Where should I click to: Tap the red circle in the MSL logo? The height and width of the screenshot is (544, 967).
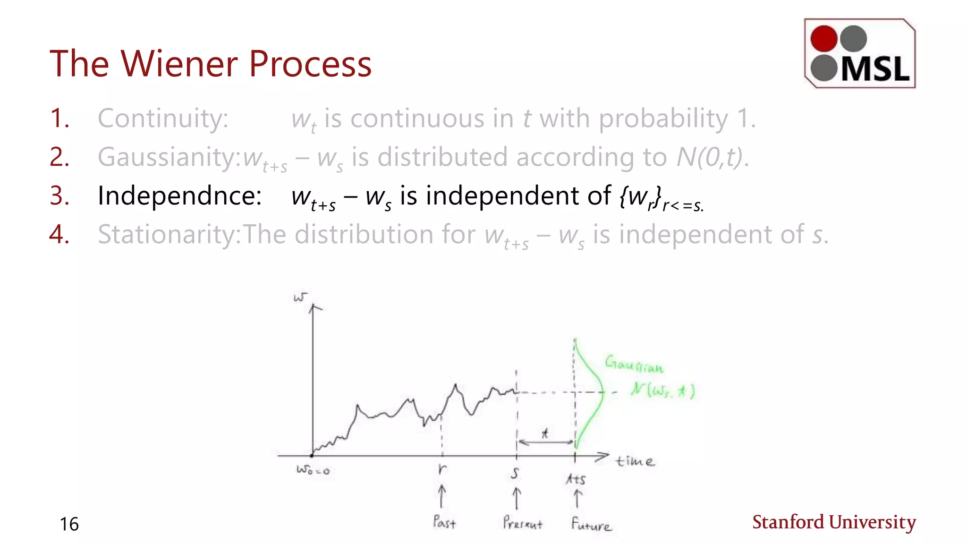(x=824, y=39)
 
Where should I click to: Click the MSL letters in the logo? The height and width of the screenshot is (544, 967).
(x=875, y=69)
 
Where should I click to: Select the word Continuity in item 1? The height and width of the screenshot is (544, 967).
(x=163, y=118)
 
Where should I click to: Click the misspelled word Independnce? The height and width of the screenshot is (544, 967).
(x=179, y=195)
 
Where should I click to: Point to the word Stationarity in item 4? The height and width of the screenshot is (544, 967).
(x=169, y=234)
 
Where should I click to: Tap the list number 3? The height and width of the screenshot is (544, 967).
(x=59, y=195)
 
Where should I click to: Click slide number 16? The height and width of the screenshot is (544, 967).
(x=69, y=524)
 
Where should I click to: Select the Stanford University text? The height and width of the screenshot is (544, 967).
(x=834, y=522)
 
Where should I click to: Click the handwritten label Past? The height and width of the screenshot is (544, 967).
(x=444, y=522)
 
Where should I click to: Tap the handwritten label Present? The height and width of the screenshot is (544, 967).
(x=522, y=523)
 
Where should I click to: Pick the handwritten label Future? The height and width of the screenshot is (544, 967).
(x=591, y=524)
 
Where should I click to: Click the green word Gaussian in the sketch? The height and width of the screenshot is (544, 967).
(x=634, y=364)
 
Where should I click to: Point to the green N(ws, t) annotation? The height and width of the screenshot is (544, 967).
(x=663, y=391)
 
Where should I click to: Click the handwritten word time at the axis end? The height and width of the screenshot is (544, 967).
(x=635, y=461)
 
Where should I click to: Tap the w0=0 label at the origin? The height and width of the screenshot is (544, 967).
(x=313, y=470)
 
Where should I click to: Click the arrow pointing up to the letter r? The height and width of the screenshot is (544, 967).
(x=441, y=496)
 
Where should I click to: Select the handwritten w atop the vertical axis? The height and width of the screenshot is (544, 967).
(x=300, y=297)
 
